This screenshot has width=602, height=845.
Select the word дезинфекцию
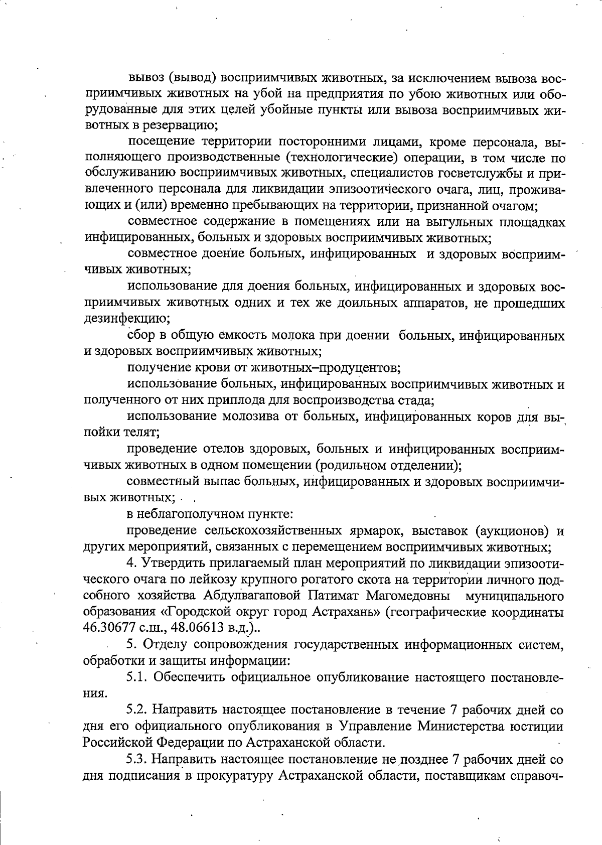coord(126,319)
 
